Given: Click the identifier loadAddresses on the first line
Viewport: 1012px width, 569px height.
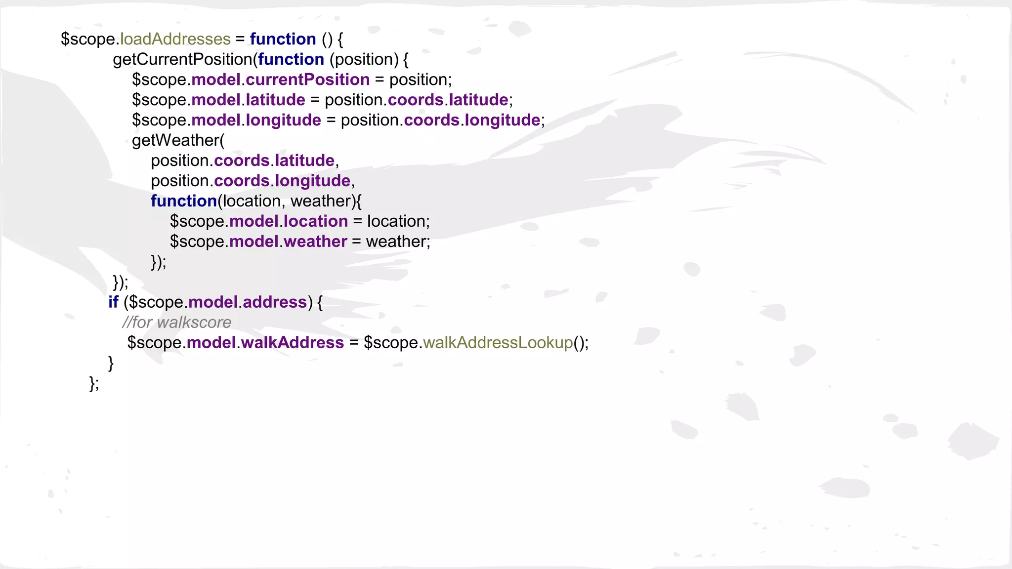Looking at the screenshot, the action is [x=175, y=39].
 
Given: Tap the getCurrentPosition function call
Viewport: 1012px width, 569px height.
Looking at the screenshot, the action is [x=182, y=59].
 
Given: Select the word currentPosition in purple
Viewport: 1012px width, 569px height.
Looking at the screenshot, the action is [x=307, y=80].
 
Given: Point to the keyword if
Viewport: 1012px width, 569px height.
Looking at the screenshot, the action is [x=113, y=302].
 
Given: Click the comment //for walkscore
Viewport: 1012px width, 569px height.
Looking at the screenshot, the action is [x=176, y=322].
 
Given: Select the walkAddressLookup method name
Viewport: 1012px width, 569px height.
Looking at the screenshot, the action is [x=498, y=342].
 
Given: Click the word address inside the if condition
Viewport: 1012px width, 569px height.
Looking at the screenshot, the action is [x=275, y=302].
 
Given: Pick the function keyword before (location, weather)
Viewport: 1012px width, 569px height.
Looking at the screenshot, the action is [x=184, y=201].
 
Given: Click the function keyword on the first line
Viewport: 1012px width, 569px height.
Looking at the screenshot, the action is [x=283, y=39].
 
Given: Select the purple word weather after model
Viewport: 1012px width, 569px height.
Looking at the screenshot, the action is [x=315, y=242].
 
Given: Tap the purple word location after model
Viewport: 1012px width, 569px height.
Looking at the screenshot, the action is [x=316, y=221].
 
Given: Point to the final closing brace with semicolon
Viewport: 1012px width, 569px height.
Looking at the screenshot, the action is [x=94, y=383].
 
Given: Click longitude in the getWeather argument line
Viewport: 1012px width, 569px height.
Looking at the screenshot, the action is [x=312, y=181].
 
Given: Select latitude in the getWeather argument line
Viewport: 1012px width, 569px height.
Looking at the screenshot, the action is [x=304, y=161].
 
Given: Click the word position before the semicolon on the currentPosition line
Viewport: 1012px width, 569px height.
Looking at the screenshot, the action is [x=418, y=80].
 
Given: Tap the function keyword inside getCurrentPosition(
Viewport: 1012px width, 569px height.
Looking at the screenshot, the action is [x=291, y=59].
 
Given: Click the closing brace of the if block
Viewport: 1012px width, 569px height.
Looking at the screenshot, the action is [x=111, y=363].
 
